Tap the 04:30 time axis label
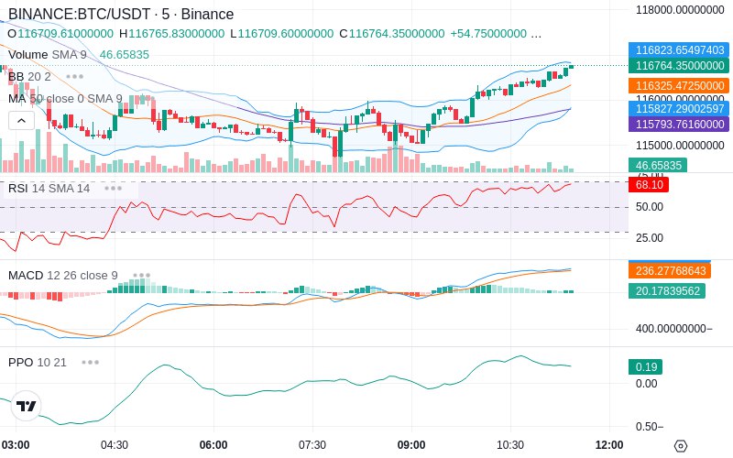[x=114, y=444]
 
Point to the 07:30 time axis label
[x=312, y=444]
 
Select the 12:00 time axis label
[x=608, y=444]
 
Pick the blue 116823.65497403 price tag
[x=679, y=50]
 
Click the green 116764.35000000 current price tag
[x=679, y=65]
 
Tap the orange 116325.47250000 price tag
[x=679, y=85]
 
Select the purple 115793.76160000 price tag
[x=679, y=124]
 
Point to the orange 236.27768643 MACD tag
[x=679, y=270]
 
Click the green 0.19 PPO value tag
[x=644, y=366]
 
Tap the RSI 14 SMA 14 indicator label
[x=49, y=188]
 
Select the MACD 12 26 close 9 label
[x=63, y=275]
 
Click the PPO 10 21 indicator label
[x=38, y=362]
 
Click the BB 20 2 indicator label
[x=30, y=76]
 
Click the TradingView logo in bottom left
[x=27, y=406]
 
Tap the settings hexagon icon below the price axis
[x=680, y=445]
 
